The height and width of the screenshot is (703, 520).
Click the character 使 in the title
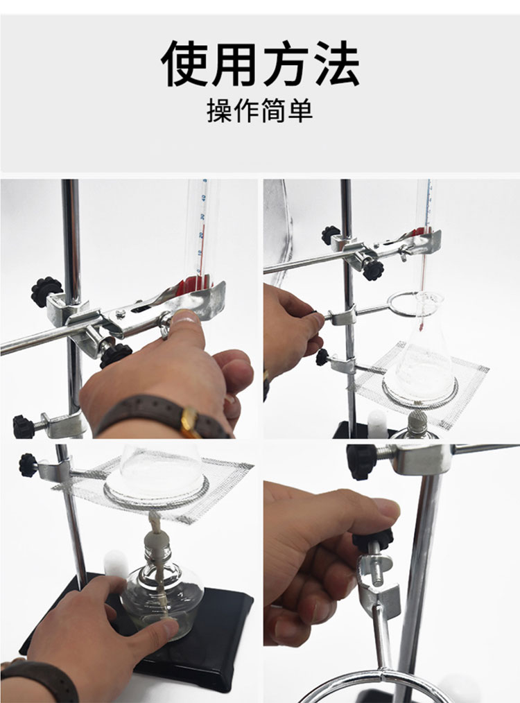186,63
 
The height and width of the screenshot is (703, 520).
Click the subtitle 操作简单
259,110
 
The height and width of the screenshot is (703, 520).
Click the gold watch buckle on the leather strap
190,422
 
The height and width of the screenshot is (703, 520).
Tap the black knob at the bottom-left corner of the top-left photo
24,426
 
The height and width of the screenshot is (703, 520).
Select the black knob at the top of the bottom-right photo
360,462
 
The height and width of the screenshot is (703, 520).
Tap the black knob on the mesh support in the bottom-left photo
28,465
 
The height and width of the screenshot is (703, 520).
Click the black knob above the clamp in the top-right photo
331,235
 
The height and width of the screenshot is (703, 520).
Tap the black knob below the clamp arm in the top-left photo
115,355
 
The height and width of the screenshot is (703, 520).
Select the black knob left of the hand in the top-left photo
46,291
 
